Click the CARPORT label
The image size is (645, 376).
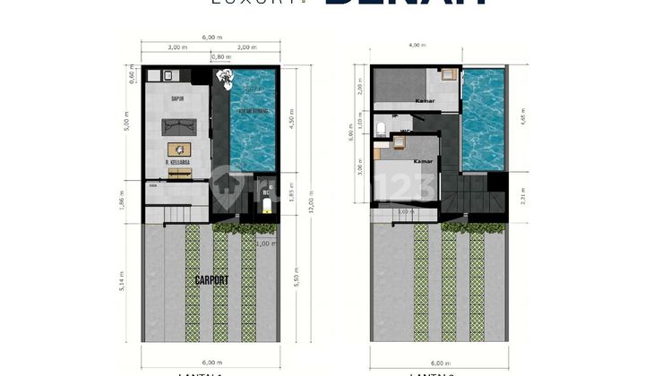[x=212, y=280]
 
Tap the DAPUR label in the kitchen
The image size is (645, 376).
[x=177, y=98]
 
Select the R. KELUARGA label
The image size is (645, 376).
[x=179, y=162]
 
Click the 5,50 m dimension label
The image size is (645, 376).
[x=295, y=281]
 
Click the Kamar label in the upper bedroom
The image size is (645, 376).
[x=425, y=101]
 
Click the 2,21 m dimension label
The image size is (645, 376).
[x=524, y=194]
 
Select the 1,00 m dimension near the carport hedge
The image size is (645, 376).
[x=266, y=244]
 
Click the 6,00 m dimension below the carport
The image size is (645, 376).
[x=211, y=362]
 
